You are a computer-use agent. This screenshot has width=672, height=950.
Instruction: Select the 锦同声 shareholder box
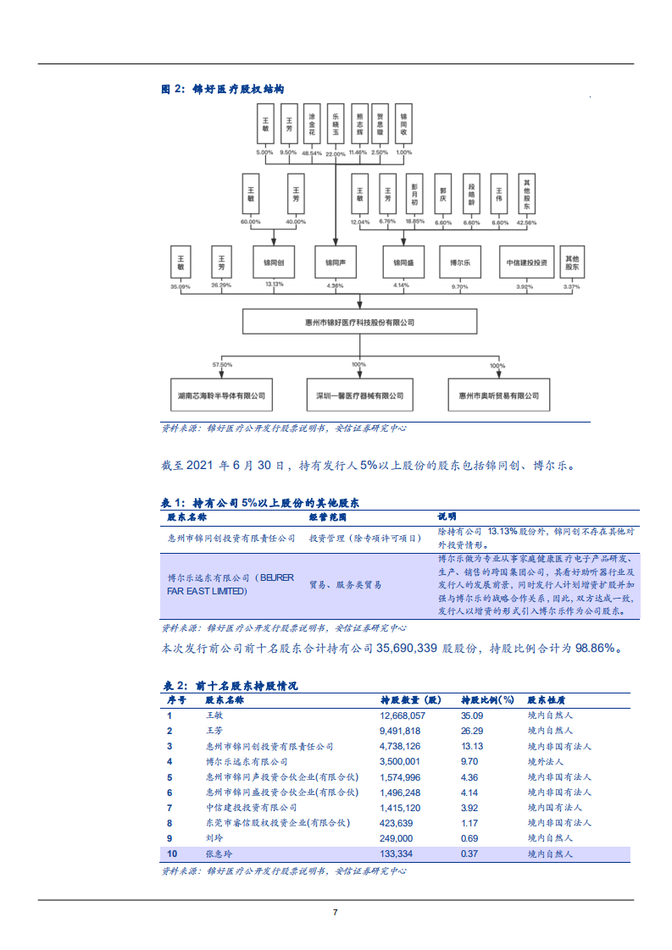point(335,262)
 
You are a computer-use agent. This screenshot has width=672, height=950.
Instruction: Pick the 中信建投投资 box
point(526,262)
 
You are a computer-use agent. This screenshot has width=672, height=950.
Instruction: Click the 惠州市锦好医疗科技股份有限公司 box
point(359,322)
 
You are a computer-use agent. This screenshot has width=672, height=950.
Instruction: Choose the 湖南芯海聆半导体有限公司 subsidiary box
point(222,395)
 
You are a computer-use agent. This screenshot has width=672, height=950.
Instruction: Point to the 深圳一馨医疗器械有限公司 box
point(359,395)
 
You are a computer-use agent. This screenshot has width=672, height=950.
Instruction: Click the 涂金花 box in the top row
point(312,124)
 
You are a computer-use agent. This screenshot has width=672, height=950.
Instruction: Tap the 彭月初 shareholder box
point(414,196)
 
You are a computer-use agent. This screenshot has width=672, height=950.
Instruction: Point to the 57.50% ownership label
point(222,365)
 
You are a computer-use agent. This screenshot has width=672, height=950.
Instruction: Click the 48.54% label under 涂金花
point(312,153)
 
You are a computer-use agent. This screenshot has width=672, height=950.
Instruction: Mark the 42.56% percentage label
point(526,223)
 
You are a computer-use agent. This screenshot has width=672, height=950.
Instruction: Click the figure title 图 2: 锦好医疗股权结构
point(222,89)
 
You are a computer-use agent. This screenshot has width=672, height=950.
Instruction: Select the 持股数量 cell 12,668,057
point(403,715)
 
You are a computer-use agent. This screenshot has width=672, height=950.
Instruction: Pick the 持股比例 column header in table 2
point(487,700)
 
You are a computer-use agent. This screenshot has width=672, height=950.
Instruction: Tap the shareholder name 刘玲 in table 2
point(214,838)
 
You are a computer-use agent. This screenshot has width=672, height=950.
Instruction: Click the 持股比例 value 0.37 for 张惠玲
point(470,853)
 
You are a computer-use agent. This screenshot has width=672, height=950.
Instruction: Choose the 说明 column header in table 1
point(447,516)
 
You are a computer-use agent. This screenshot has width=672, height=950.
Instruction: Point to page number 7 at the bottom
point(336,912)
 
